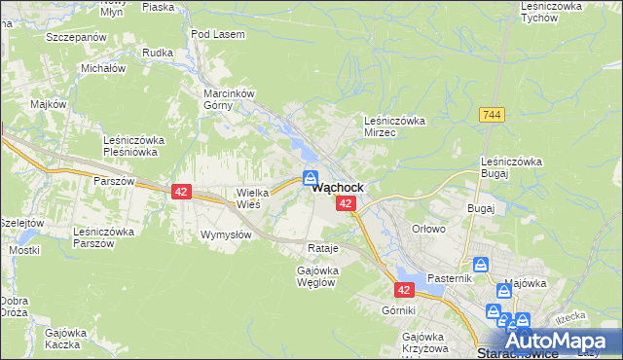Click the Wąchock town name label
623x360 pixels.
pos(338,188)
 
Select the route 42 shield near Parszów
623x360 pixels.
pos(181,192)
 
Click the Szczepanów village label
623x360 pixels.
pos(75,36)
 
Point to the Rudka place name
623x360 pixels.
pos(157,53)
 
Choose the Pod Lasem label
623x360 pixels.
pos(218,34)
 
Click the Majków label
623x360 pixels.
pos(47,104)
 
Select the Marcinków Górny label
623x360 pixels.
pos(228,99)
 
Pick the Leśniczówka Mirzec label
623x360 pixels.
pos(394,126)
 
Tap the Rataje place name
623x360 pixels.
pos(321,248)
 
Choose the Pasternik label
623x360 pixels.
pos(449,278)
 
